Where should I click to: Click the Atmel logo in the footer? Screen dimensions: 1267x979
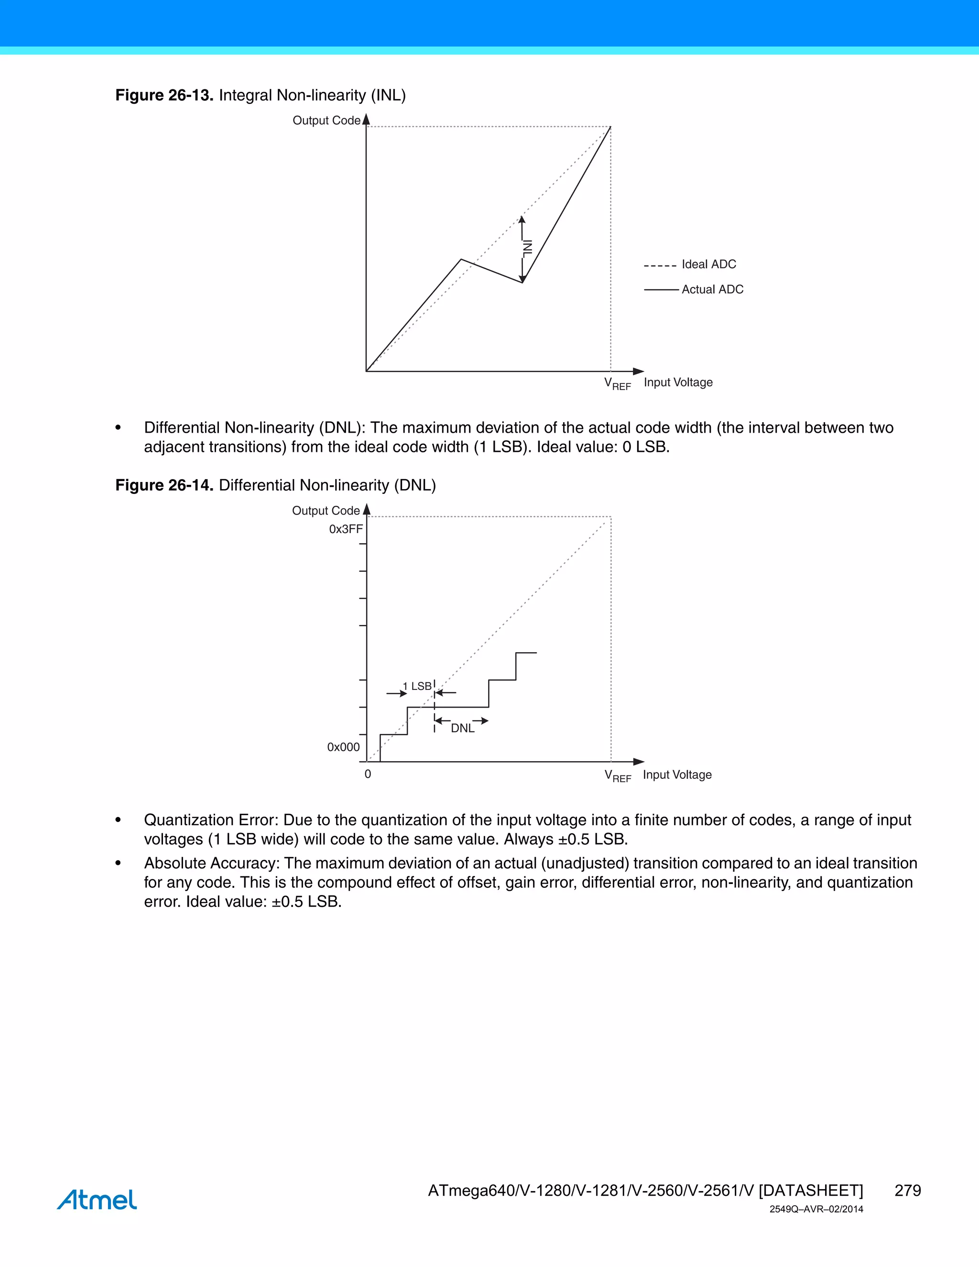[x=97, y=1200]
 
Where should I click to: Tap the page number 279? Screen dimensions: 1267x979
[x=907, y=1191]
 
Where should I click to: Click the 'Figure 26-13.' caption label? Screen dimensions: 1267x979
[x=164, y=95]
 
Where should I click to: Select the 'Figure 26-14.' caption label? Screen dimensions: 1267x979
[x=164, y=485]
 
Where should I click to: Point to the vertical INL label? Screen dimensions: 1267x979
[x=527, y=248]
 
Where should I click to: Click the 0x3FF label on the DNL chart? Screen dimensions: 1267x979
[x=346, y=529]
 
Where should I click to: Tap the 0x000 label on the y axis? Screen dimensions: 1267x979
[x=343, y=747]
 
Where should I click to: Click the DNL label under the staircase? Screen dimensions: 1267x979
[x=462, y=729]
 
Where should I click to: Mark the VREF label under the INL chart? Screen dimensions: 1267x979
[x=617, y=384]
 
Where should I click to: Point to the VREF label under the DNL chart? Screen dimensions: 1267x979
[x=617, y=776]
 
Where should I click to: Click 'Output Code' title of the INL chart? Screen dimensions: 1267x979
[x=326, y=120]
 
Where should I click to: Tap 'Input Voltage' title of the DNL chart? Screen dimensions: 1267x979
[x=677, y=775]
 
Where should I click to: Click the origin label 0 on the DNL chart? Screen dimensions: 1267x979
[x=368, y=775]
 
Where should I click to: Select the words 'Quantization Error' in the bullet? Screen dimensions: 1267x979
[x=211, y=820]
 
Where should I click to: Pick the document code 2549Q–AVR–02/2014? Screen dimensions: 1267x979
[x=816, y=1210]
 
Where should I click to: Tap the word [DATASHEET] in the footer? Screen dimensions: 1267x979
[x=810, y=1191]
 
